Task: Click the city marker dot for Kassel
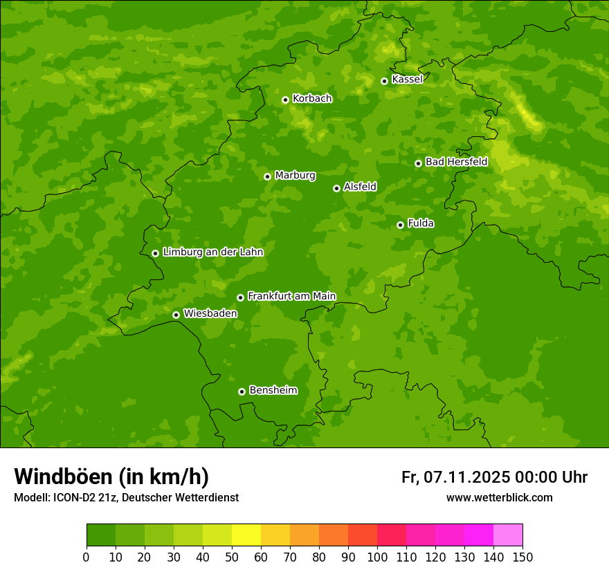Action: (384, 81)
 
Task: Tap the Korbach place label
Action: (312, 99)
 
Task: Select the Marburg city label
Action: (295, 176)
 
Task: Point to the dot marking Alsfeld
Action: (336, 188)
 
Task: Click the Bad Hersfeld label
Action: (456, 163)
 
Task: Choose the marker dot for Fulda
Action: (400, 225)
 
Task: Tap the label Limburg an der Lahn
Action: (213, 252)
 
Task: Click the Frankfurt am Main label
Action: (291, 297)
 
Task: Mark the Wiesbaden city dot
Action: (176, 315)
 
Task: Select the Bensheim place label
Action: (273, 391)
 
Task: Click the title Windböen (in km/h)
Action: (111, 476)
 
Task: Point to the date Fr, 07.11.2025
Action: (455, 477)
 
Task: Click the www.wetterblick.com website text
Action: (499, 498)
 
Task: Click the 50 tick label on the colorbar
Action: (232, 557)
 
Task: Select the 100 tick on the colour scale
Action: (377, 557)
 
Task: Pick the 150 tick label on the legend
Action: (522, 557)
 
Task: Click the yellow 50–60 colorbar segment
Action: (246, 535)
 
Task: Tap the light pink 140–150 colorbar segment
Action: (508, 535)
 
